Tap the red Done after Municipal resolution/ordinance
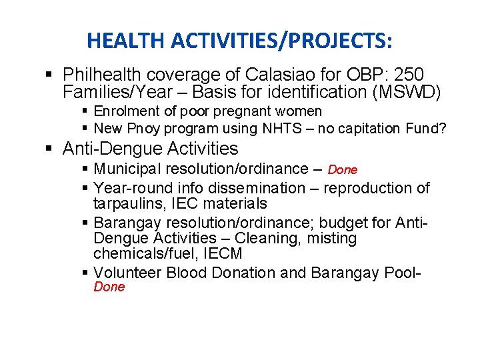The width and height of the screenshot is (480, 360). (343, 170)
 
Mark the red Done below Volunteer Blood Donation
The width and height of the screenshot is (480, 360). (109, 287)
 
